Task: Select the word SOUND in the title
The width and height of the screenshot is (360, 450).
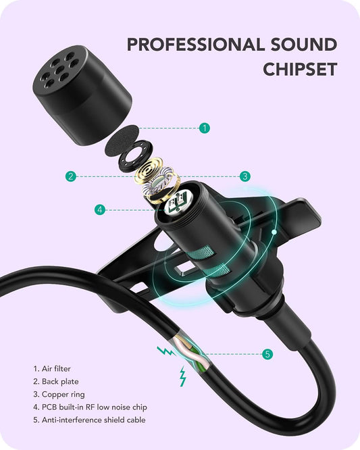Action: click(x=305, y=45)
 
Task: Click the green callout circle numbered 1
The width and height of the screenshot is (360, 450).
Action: click(x=205, y=127)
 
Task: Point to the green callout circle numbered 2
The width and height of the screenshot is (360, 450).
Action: click(x=70, y=176)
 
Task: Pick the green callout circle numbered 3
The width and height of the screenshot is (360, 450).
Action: click(x=245, y=176)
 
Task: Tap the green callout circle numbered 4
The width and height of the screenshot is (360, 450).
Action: click(x=100, y=209)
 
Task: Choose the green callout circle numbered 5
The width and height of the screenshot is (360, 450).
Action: click(x=267, y=353)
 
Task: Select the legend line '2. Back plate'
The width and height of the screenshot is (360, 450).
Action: click(x=55, y=382)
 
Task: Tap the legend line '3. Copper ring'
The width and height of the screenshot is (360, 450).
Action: click(x=59, y=395)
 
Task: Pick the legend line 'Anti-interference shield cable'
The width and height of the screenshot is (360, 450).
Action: click(x=89, y=420)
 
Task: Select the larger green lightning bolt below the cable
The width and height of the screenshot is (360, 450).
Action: click(x=182, y=376)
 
